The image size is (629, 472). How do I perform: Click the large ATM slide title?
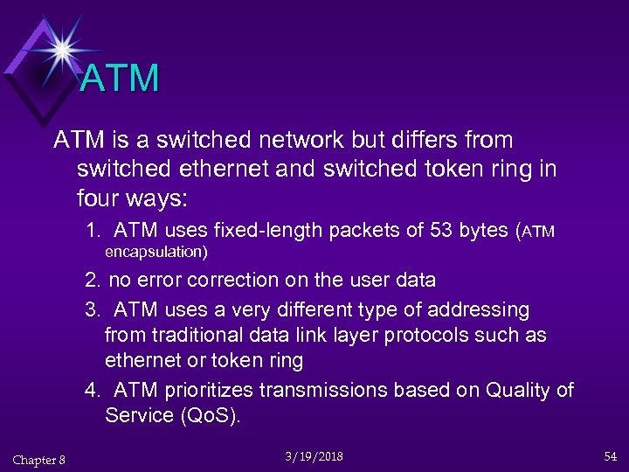120,79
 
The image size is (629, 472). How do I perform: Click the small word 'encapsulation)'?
156,253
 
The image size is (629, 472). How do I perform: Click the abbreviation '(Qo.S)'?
209,415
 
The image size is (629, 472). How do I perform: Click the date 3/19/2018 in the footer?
314,456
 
